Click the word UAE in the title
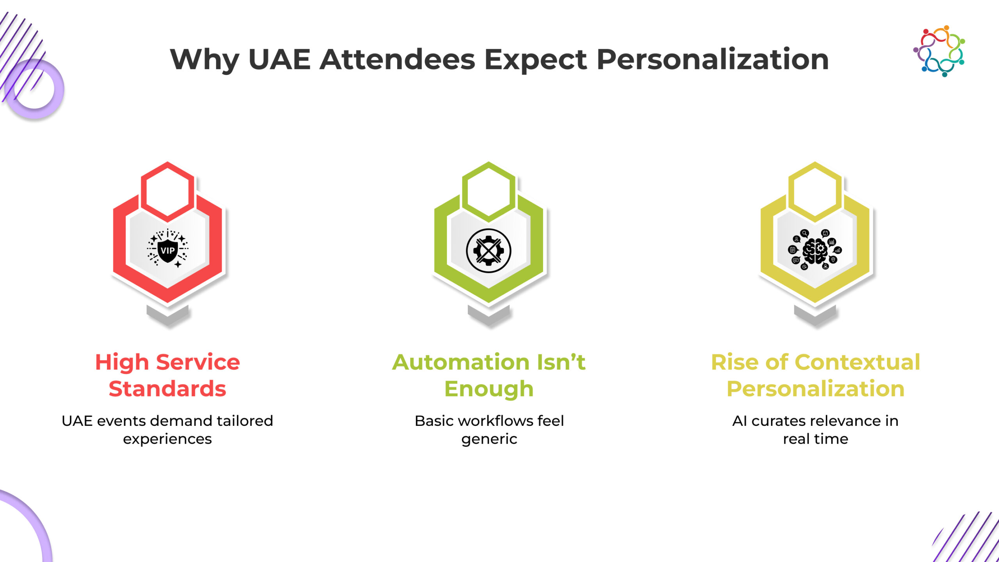279,60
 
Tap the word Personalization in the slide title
713,60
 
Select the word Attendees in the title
397,60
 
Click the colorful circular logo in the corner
939,51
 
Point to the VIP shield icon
168,248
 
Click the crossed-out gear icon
489,251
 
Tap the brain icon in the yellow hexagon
815,250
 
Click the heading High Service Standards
167,375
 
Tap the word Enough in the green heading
489,389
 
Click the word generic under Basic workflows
489,439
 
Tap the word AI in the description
740,421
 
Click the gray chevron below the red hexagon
167,315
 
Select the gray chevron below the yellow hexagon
815,315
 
